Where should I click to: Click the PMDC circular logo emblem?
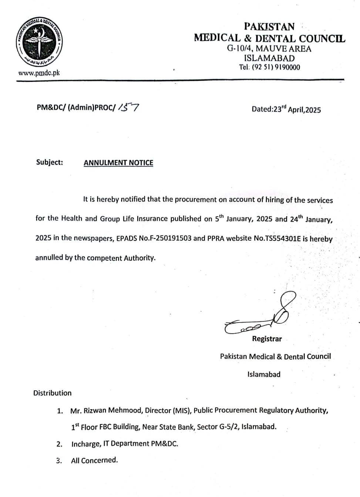point(39,44)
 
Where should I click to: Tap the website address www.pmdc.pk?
point(39,73)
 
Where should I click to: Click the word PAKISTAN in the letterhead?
point(269,27)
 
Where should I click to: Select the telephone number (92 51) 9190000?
point(276,67)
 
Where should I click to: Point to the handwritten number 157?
point(129,107)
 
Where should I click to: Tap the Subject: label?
point(50,162)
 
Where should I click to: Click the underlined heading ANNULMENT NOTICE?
point(118,163)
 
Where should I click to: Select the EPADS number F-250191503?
point(171,238)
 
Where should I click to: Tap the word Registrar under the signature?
point(267,338)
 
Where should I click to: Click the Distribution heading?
point(53,393)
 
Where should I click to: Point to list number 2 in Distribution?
point(59,444)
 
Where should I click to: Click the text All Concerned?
point(94,460)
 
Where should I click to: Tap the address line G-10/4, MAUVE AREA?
point(269,49)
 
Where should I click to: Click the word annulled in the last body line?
point(49,258)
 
